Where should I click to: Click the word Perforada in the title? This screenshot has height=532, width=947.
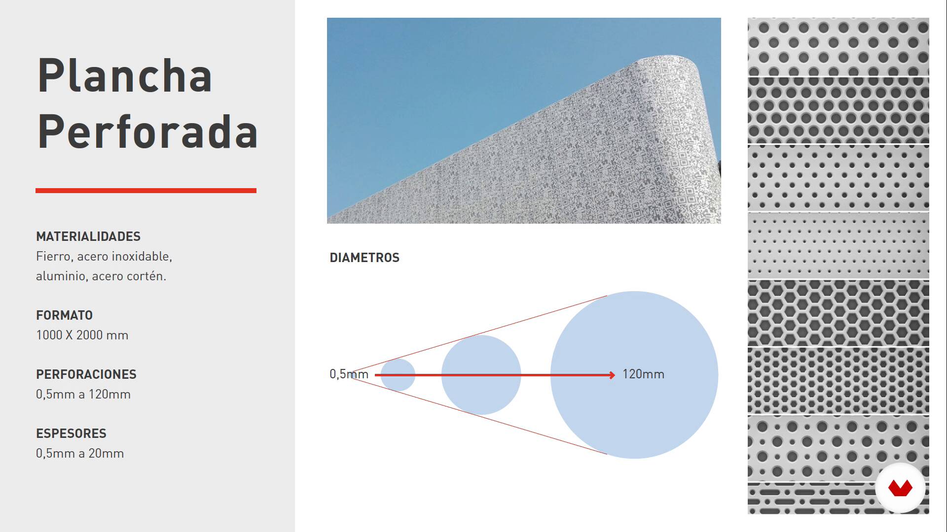coord(147,131)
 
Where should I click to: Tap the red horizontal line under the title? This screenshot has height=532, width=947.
coord(146,191)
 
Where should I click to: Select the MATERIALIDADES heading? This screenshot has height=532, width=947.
coord(88,236)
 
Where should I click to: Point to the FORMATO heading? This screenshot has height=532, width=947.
coord(64,315)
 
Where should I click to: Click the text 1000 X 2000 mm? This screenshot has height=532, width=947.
coord(82,335)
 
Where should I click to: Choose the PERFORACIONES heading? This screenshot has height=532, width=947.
coord(86,374)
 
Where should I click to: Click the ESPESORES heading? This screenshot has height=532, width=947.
coord(71,433)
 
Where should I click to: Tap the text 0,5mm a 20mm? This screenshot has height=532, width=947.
coord(80,453)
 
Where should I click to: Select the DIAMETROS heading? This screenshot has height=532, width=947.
coord(364,258)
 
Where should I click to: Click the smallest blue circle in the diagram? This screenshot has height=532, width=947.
coord(398,375)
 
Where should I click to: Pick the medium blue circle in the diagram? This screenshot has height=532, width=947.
coord(481,375)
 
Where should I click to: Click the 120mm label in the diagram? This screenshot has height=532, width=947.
coord(643,374)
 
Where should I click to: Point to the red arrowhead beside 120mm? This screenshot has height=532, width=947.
coord(612,375)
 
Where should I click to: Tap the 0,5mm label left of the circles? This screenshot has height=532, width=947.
coord(349,374)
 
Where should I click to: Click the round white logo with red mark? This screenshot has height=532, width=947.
coord(900,488)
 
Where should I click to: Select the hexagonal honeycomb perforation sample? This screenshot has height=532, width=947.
coord(838,313)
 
